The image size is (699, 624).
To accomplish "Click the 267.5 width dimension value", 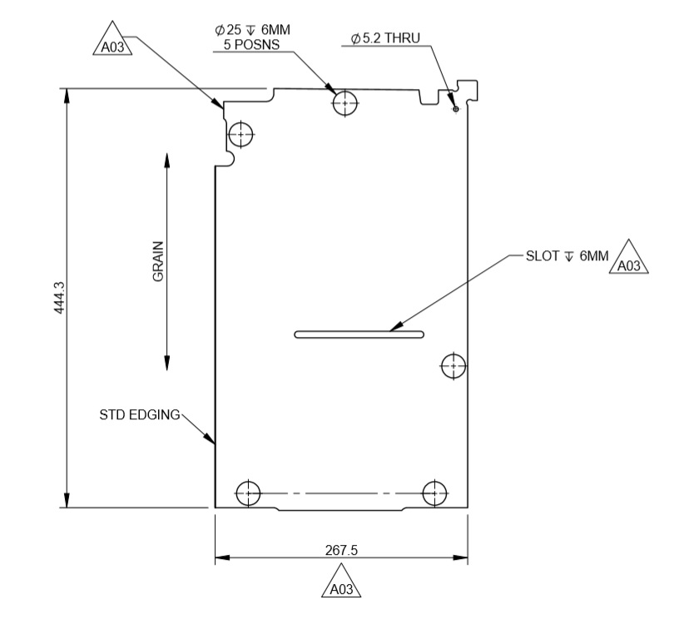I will (340, 551).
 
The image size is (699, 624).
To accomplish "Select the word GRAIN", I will (158, 261).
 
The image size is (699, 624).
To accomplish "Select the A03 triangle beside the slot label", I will (629, 260).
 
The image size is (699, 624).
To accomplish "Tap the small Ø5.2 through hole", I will (455, 107).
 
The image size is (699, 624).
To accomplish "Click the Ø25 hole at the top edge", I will (345, 103).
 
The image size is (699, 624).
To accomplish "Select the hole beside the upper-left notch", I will (242, 133).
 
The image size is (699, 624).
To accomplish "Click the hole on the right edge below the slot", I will (454, 365).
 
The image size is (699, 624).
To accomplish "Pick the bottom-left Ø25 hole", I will (248, 493).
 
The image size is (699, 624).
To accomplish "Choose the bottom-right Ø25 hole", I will (434, 493).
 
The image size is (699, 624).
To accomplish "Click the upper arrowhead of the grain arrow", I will (167, 159).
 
